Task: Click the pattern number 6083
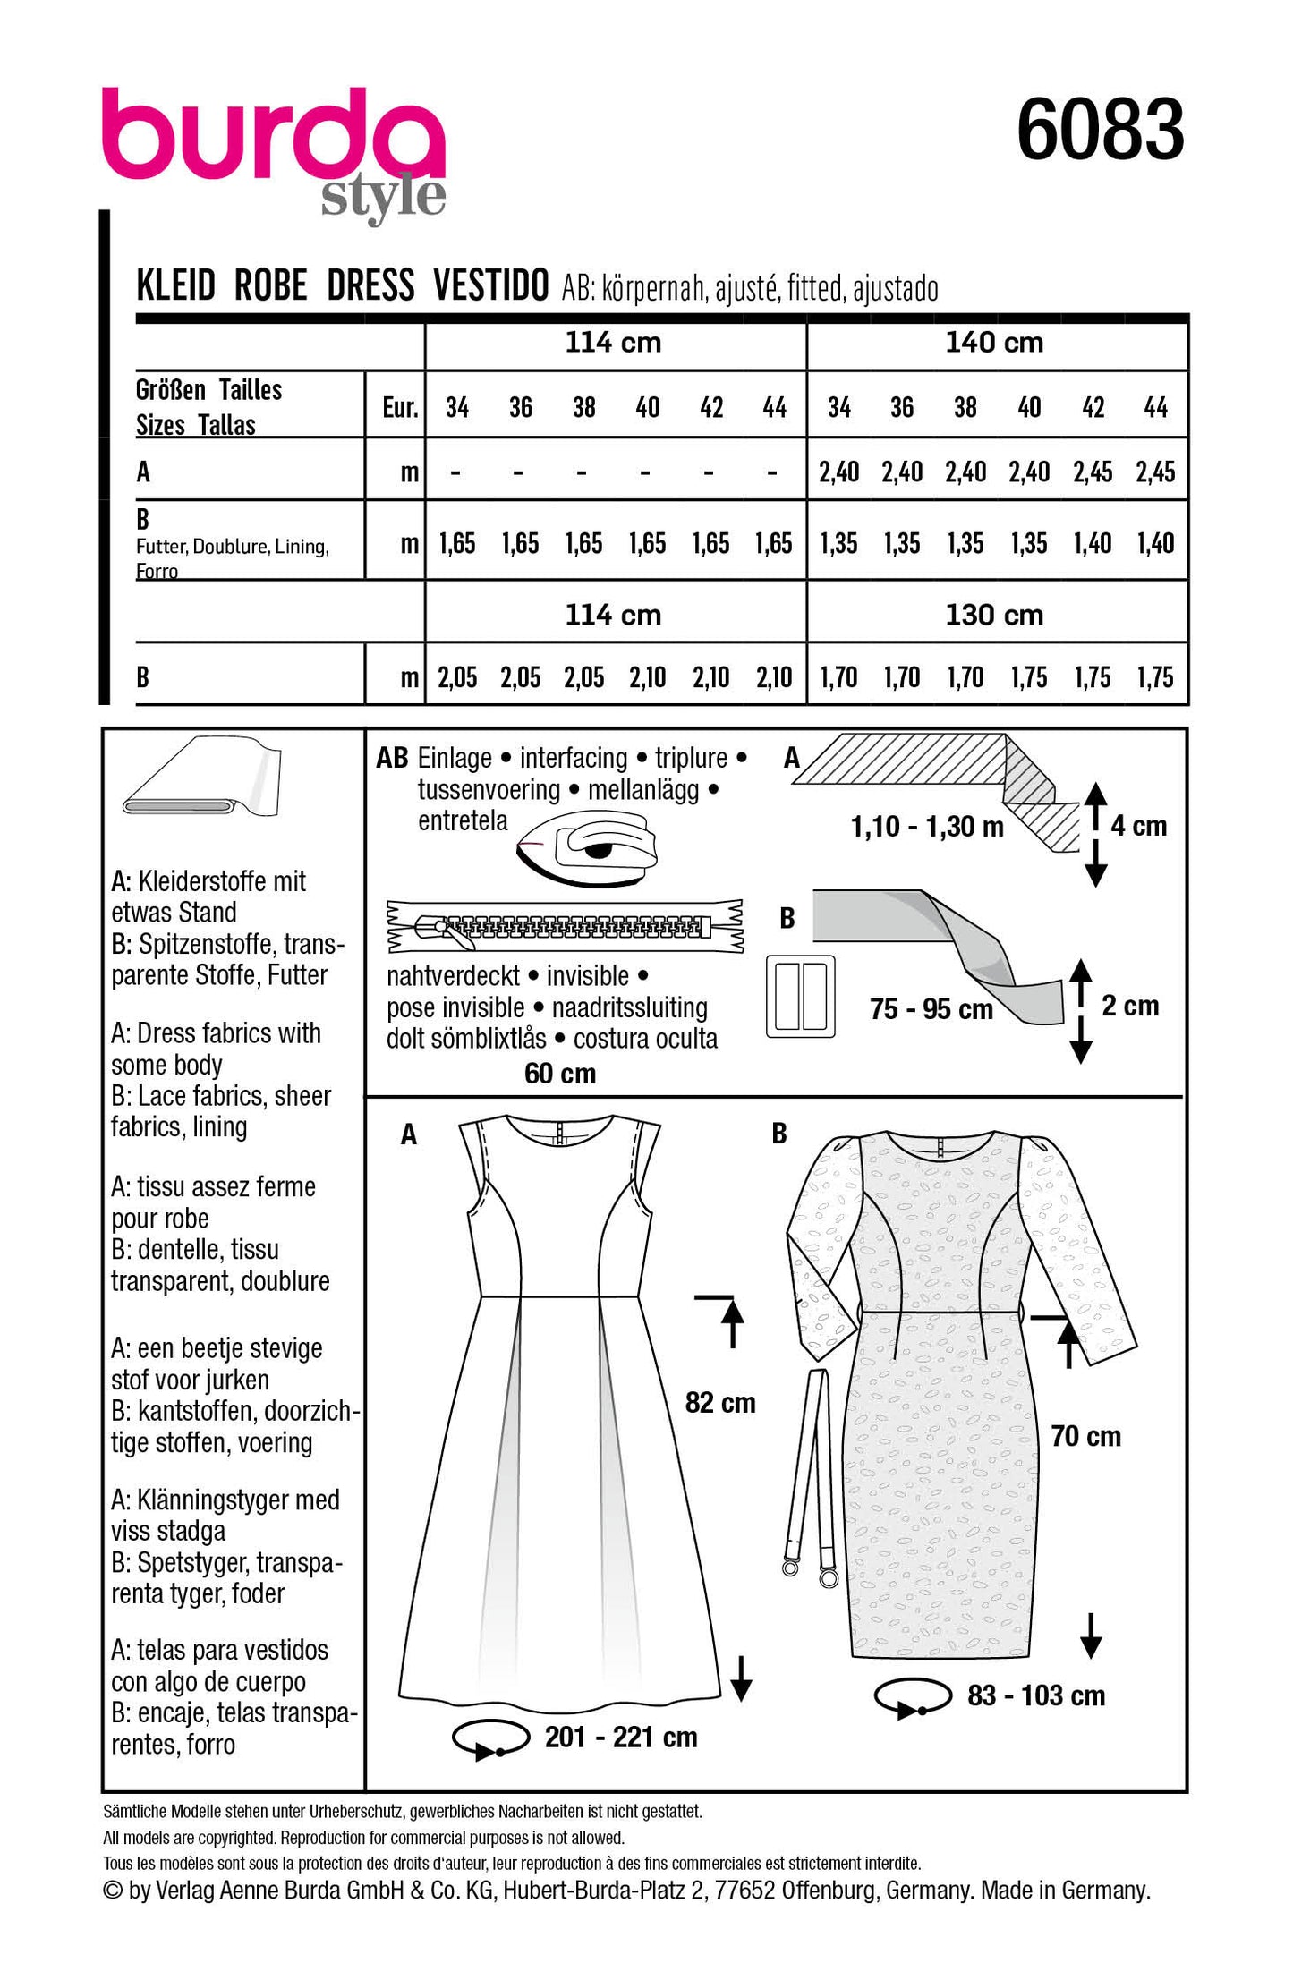pos(1100,131)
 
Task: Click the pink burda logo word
pos(273,134)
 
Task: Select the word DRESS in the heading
pos(370,286)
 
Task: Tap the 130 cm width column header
pos(994,615)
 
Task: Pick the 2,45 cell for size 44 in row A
pos(1155,472)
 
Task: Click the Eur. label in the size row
pos(399,408)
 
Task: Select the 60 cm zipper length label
pos(560,1073)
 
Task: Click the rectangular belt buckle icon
pos(801,998)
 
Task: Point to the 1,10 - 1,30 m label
pos(927,827)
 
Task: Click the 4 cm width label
pos(1138,825)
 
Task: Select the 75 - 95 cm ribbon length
pos(931,1009)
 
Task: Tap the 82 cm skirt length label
pos(720,1402)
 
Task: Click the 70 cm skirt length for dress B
pos(1085,1436)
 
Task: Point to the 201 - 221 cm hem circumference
pos(621,1737)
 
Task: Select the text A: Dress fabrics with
pos(216,1033)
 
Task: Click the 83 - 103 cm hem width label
pos(1036,1695)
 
